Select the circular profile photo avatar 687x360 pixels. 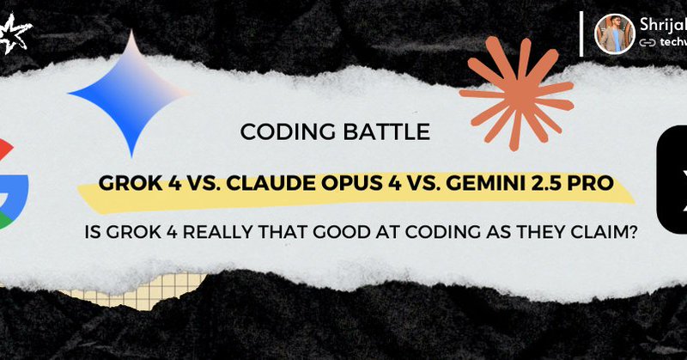[615, 34]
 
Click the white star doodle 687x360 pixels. [15, 35]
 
